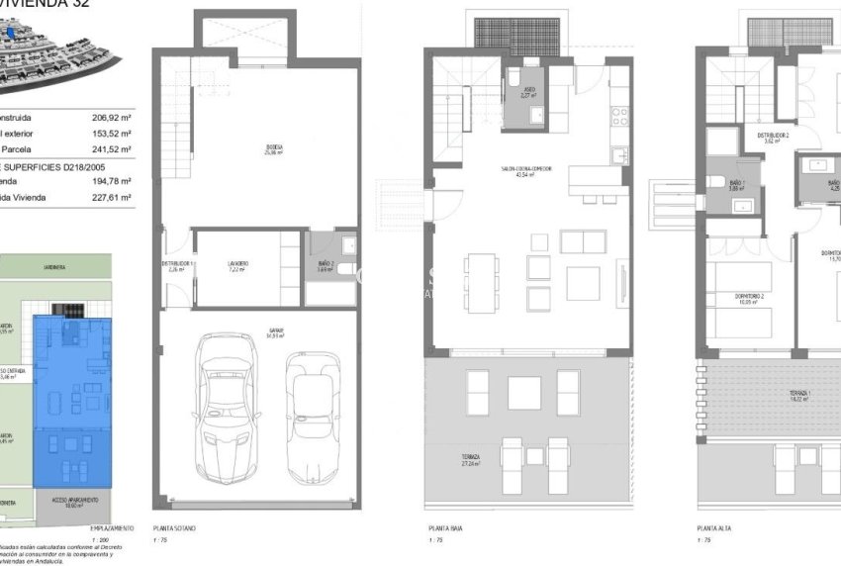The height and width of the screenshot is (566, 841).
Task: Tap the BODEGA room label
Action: pyautogui.click(x=275, y=149)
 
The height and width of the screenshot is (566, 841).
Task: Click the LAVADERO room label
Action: pyautogui.click(x=238, y=265)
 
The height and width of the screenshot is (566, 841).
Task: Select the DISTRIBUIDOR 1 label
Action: pyautogui.click(x=179, y=265)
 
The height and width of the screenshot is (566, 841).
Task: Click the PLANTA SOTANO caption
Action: pyautogui.click(x=174, y=528)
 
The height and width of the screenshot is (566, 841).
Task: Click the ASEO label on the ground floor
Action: pyautogui.click(x=529, y=92)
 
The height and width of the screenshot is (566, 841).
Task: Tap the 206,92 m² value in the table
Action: pyautogui.click(x=112, y=117)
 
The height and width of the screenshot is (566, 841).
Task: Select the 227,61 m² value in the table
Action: pyautogui.click(x=112, y=197)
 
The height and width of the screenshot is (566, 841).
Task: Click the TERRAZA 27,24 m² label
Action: pyautogui.click(x=470, y=459)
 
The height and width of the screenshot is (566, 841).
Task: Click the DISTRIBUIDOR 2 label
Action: pyautogui.click(x=773, y=137)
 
